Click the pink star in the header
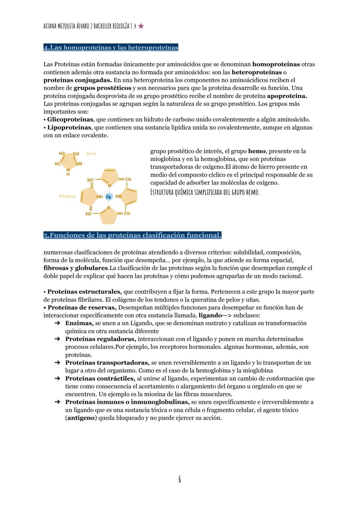pos(141,26)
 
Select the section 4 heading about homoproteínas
pos(111,48)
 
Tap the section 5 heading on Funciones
pos(132,236)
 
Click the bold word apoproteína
pos(287,96)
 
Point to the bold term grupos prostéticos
pos(102,88)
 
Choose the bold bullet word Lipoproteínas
pos(69,127)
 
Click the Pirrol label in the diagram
pos(91,154)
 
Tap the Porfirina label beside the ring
pos(67,197)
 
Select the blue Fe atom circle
pos(108,197)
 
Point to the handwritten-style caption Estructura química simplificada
pos(205,193)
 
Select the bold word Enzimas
pos(79,323)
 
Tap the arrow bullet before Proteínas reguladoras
pos(57,339)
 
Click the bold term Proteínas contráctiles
pos(100,378)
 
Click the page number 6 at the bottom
pos(180,479)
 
